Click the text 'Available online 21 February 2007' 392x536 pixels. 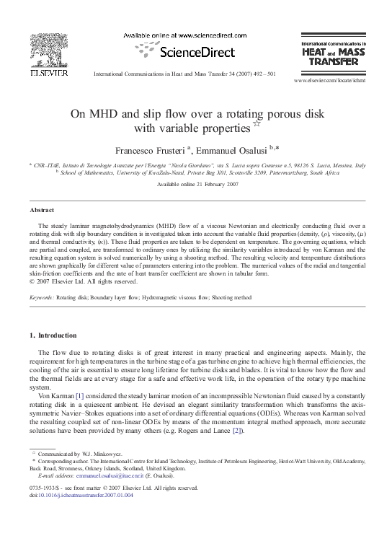(x=197, y=185)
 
